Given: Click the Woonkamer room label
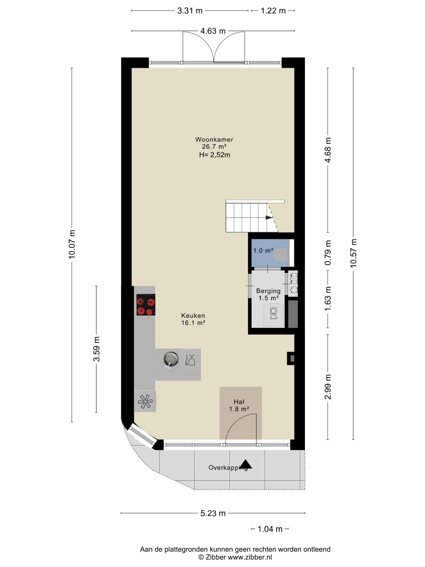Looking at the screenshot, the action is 214,140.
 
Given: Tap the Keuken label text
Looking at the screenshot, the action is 193,315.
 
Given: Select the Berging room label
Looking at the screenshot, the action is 268,291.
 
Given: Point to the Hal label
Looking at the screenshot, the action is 239,402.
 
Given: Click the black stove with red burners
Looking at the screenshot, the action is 146,305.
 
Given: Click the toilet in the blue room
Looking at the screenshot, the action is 281,255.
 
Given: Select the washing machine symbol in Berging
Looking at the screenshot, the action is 273,313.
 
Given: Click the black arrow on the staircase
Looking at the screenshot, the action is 269,218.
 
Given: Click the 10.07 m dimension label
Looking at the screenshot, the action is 72,244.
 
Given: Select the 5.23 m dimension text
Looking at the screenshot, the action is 213,513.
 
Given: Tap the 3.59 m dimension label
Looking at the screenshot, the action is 97,349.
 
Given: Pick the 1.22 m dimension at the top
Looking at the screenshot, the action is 273,11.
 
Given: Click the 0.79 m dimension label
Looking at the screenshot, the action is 328,253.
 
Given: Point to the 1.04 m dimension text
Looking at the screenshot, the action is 270,529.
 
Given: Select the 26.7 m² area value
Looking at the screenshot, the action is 214,147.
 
